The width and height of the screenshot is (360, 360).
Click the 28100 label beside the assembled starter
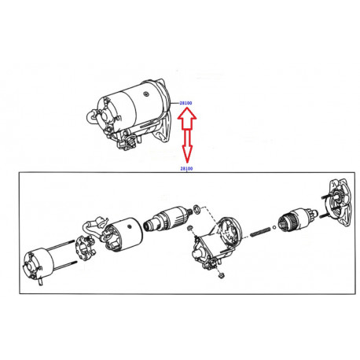[x=186, y=103]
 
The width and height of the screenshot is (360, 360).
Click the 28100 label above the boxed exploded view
[x=186, y=168]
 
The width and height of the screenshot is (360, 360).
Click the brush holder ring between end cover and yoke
[x=86, y=248]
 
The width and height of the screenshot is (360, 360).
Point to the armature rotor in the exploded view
[x=167, y=218]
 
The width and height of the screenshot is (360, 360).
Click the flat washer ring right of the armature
[x=197, y=209]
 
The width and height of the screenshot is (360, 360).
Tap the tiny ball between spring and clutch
[x=274, y=227]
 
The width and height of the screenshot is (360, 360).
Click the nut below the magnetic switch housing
[x=221, y=275]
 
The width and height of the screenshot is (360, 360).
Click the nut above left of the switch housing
[x=190, y=228]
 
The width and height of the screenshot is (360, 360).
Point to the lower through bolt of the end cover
[x=65, y=265]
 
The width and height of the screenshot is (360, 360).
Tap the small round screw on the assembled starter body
[x=146, y=94]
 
